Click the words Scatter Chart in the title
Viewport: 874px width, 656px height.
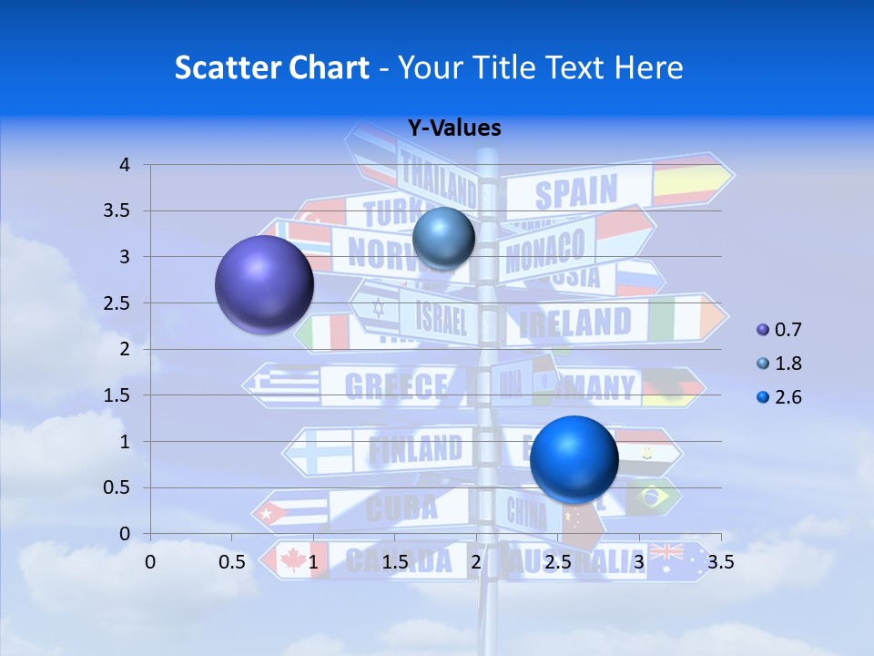coord(271,67)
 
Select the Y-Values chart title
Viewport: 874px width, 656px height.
coord(453,128)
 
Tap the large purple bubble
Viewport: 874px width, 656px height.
coord(264,283)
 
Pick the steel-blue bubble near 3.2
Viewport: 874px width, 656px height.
coord(443,238)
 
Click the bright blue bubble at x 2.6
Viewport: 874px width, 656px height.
coord(574,458)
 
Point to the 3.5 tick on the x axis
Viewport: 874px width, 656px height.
coord(720,562)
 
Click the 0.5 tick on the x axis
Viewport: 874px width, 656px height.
coord(232,562)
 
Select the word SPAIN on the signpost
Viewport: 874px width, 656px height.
coord(575,193)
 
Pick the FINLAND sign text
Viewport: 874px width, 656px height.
coord(414,448)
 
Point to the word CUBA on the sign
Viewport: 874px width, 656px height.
coord(401,507)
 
